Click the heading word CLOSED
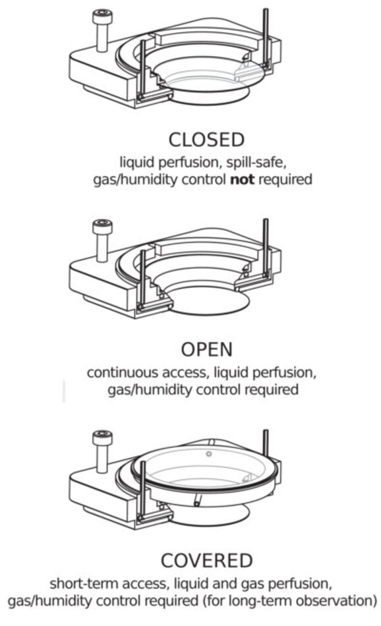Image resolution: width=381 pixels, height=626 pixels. (x=206, y=140)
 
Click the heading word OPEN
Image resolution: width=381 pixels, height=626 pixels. (x=206, y=350)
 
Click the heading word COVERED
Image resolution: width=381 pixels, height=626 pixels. (x=206, y=560)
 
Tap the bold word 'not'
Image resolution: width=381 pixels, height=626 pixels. (x=243, y=179)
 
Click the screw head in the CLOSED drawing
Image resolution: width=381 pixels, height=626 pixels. (x=102, y=16)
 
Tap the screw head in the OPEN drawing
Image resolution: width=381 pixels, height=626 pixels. (x=102, y=227)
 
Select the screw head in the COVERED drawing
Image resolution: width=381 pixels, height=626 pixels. (x=102, y=438)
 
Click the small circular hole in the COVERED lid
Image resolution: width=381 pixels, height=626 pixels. (x=208, y=454)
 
